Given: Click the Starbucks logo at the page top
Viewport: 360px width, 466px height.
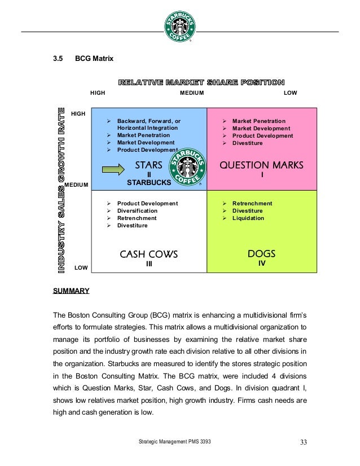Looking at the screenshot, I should pos(181,25).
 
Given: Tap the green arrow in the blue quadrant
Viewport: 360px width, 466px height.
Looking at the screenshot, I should pos(116,169).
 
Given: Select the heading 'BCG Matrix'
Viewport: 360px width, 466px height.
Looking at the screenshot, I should pos(94,58).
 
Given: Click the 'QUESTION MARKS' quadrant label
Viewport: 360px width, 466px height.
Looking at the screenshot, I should pos(262,165).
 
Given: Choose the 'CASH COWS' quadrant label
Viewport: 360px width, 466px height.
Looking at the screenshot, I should pos(149,254).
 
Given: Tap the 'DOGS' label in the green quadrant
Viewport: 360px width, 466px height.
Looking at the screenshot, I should pos(262,254).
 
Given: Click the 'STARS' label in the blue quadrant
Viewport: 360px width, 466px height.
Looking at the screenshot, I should pos(149,165).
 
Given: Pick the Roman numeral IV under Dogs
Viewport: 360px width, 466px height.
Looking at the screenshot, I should pos(262,263).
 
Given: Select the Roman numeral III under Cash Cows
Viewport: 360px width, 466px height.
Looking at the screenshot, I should pos(149,263).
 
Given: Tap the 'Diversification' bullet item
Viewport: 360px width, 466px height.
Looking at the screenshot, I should pos(137,211).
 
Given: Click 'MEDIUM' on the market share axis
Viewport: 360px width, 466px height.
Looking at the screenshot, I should pos(192,93).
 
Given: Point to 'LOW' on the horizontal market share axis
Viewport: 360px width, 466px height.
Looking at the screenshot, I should pos(290,93).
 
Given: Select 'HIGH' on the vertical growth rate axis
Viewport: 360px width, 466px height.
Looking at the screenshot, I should pos(78,114).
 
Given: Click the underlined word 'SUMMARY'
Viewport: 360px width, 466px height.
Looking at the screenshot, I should pos(71,291).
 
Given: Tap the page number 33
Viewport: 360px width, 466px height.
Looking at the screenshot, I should pos(304,441).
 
